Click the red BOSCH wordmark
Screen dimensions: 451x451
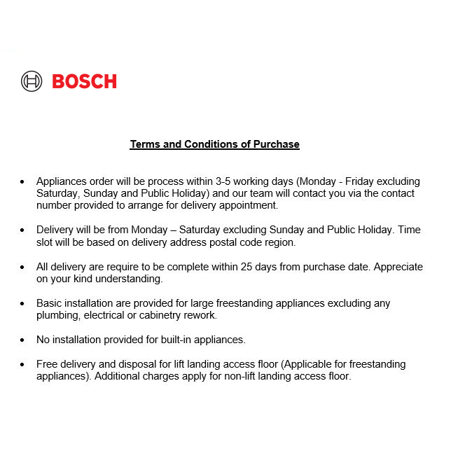tap(84, 81)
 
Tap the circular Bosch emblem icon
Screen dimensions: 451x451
tap(32, 81)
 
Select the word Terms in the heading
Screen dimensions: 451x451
tap(144, 144)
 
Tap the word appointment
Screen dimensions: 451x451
tap(250, 205)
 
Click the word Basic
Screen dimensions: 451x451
tap(49, 303)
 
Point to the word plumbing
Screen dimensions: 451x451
tap(60, 315)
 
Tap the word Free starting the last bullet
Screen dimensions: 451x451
tap(48, 364)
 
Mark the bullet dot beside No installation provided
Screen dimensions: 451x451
tap(22, 340)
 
